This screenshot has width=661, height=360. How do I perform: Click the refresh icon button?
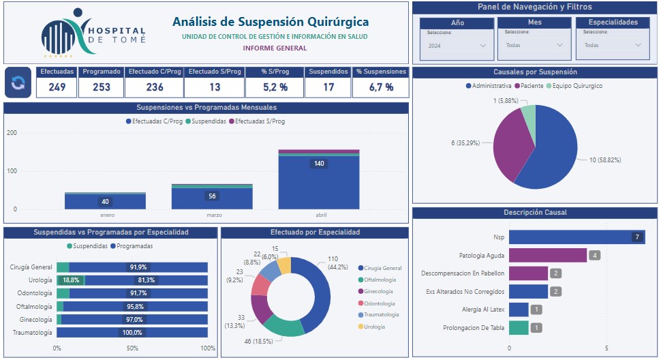[18, 83]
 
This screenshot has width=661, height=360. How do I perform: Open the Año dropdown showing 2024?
[457, 46]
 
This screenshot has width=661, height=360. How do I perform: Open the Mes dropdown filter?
[535, 46]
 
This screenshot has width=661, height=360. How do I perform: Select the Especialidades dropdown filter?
[613, 46]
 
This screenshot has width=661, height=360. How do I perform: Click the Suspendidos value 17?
[328, 87]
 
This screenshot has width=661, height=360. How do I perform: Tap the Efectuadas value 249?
[57, 87]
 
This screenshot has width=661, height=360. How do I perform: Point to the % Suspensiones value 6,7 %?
[381, 87]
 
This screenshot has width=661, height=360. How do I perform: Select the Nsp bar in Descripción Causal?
[576, 237]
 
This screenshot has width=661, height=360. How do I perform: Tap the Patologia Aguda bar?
[548, 256]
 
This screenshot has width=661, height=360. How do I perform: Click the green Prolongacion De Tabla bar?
[519, 328]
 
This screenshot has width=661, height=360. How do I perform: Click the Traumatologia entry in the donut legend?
[381, 314]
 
